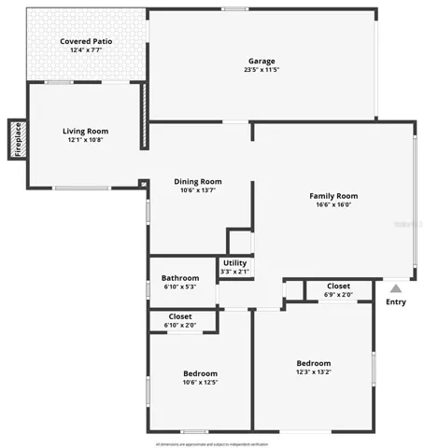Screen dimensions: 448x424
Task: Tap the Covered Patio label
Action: pos(86,42)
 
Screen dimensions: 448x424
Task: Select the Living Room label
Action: pos(85,132)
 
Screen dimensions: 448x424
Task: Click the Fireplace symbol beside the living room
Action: pos(17,139)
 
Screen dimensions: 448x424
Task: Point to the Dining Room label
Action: pos(197,182)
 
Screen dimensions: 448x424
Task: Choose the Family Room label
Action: pos(333,196)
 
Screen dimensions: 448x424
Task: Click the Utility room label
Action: pos(233,264)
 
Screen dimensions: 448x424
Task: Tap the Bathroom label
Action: pos(179,278)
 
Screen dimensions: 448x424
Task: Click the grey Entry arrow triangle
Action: pos(396,288)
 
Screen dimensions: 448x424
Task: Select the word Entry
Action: pos(396,301)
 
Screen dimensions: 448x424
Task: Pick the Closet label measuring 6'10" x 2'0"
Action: pos(180,316)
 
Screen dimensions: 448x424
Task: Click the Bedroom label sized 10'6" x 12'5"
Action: pos(200,373)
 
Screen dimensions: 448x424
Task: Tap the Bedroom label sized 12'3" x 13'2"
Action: pos(313,363)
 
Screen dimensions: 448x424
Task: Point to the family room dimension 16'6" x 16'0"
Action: pos(333,205)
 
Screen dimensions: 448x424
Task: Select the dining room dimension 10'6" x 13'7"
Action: pos(197,191)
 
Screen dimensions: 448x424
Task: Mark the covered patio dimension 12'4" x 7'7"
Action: pos(86,51)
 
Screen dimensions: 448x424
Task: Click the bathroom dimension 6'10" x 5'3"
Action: pos(179,287)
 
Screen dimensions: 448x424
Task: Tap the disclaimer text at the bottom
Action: pos(212,443)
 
